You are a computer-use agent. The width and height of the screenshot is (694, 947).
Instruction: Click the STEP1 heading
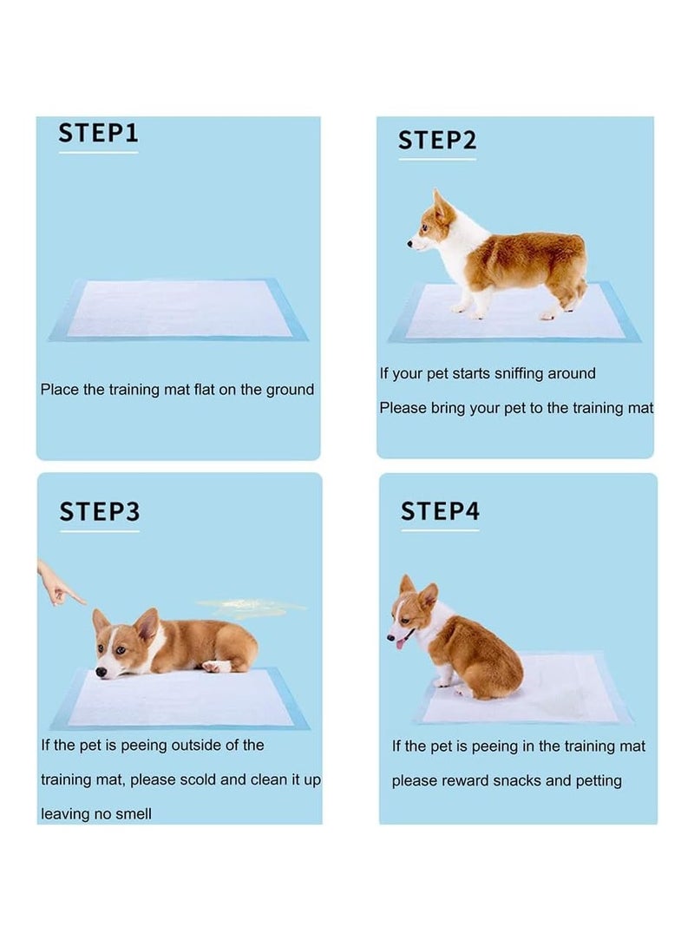(x=98, y=133)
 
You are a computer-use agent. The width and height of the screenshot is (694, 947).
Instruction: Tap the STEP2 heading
(x=437, y=140)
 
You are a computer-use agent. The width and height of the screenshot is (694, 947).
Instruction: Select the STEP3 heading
(x=99, y=511)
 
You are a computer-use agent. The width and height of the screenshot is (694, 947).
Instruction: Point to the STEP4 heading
(x=440, y=511)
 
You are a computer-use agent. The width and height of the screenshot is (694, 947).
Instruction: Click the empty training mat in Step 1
(x=178, y=309)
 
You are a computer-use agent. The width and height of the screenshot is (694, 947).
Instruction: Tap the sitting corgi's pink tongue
(x=400, y=642)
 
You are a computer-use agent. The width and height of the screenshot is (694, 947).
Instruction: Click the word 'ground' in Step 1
(x=289, y=390)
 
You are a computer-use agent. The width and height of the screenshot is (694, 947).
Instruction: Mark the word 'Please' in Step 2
(x=403, y=408)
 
